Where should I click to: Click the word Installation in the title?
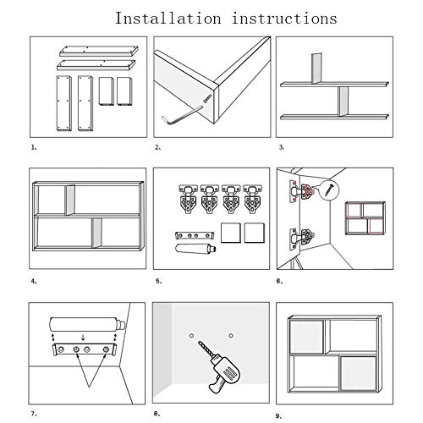168,19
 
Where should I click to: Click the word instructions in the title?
284,19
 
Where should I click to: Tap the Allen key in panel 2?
180,115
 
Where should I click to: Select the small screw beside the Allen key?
207,98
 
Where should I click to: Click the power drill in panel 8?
220,366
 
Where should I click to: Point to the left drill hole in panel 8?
191,336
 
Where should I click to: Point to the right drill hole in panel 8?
231,336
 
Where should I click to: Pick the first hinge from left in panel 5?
188,199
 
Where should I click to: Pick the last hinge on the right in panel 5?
253,199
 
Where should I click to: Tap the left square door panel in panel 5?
231,233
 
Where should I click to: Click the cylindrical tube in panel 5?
195,249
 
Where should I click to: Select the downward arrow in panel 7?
83,338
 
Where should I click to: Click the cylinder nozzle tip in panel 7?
123,325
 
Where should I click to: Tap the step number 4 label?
34,281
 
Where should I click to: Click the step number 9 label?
278,415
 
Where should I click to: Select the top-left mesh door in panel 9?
306,337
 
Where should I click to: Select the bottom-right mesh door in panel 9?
358,373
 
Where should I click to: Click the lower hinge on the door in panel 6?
302,239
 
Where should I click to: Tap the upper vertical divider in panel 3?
316,69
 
